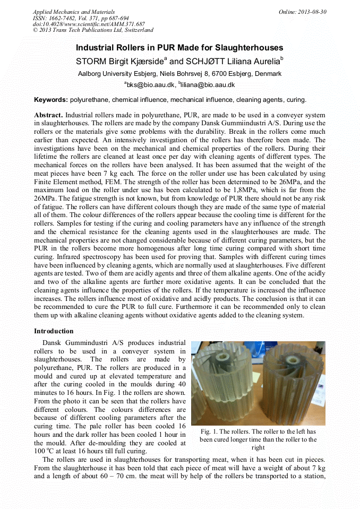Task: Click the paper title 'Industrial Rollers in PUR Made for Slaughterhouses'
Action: click(x=179, y=48)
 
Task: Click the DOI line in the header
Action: click(x=89, y=24)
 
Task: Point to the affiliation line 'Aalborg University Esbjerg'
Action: click(x=179, y=74)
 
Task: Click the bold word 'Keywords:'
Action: click(x=51, y=100)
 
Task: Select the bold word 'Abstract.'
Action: click(x=49, y=115)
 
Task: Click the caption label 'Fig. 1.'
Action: click(x=212, y=432)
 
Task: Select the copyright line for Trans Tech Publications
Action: click(x=93, y=30)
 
